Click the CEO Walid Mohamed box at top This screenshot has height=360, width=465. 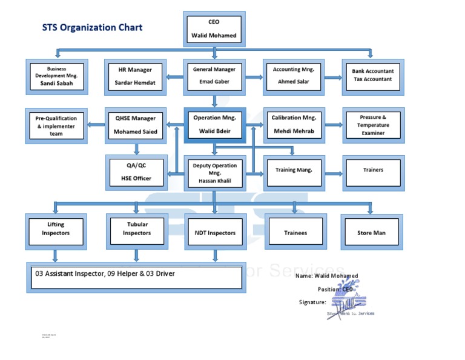click(x=214, y=29)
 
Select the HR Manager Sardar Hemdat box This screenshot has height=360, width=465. click(x=136, y=76)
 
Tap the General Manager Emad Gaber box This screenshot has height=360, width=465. click(x=214, y=76)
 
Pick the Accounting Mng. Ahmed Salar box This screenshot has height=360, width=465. click(x=294, y=76)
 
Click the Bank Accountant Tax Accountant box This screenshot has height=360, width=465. click(x=372, y=76)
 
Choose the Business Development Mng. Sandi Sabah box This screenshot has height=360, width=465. click(x=56, y=76)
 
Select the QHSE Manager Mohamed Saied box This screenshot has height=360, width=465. click(x=136, y=125)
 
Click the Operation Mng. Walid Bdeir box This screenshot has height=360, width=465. click(x=214, y=125)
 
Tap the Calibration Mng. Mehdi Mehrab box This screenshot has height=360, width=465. click(x=294, y=125)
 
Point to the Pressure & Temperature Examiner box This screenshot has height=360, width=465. click(x=372, y=125)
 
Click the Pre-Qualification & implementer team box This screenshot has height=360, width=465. click(x=56, y=125)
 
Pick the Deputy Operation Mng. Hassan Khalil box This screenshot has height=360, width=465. click(x=214, y=173)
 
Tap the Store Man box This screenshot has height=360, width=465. click(x=372, y=233)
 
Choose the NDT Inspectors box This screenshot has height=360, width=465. click(x=214, y=233)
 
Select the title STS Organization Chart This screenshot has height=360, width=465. click(x=92, y=28)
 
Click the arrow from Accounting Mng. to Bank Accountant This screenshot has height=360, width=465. click(x=332, y=78)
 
